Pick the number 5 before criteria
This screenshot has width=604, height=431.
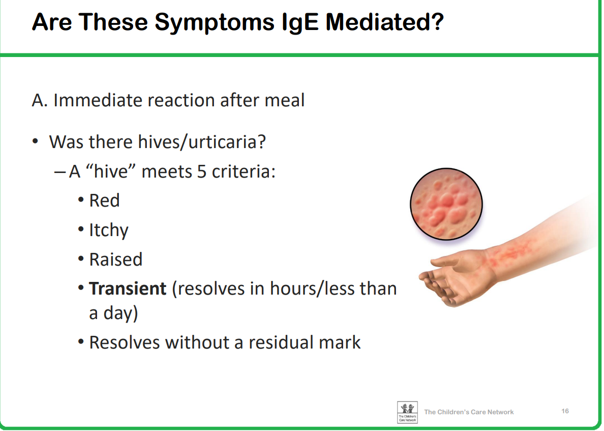202,171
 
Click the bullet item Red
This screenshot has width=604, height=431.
104,200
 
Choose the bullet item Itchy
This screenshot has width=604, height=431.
109,231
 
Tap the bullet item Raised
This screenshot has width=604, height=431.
115,259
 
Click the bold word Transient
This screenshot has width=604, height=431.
128,289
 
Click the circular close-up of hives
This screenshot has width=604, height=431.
446,204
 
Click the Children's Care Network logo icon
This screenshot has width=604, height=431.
407,412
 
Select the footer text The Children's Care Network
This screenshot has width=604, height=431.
469,412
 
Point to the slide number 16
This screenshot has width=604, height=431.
565,411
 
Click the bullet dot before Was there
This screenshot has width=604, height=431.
36,141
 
